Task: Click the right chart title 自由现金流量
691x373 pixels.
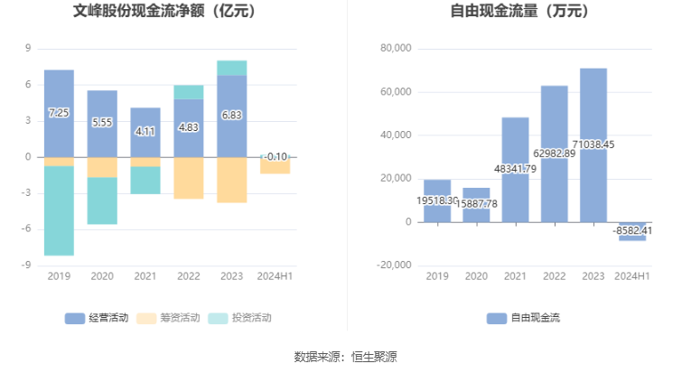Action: [518, 13]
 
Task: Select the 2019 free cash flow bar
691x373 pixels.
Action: [437, 200]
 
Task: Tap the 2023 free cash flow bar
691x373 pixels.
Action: [593, 145]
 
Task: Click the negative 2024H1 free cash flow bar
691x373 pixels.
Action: [632, 231]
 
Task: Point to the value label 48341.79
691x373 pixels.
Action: [515, 168]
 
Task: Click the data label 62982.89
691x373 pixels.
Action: [555, 153]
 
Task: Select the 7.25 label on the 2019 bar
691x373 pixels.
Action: [59, 112]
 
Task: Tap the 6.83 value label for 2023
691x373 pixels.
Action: [232, 115]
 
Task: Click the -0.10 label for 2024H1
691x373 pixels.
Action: [276, 156]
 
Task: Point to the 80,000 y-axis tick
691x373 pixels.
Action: [394, 49]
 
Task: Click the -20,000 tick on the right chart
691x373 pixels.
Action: [392, 266]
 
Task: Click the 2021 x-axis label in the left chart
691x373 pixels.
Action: [145, 276]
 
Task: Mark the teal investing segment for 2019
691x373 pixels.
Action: [59, 210]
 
